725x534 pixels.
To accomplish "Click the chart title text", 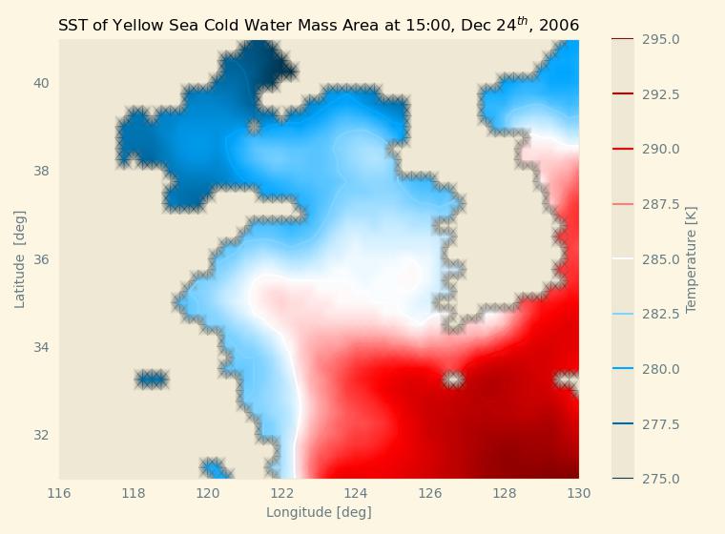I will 319,25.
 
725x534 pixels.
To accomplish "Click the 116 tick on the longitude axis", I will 59,493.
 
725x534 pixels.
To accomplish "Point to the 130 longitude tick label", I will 579,493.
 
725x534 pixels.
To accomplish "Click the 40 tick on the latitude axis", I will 42,83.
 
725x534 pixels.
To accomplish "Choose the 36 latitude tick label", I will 42,259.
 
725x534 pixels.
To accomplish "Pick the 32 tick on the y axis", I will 42,435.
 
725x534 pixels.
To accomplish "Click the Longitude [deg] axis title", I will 319,512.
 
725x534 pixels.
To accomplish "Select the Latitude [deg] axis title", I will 20,259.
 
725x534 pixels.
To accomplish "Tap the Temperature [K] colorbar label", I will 692,259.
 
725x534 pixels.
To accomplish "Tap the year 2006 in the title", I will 559,26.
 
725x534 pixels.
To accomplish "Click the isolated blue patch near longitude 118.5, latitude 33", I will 151,380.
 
